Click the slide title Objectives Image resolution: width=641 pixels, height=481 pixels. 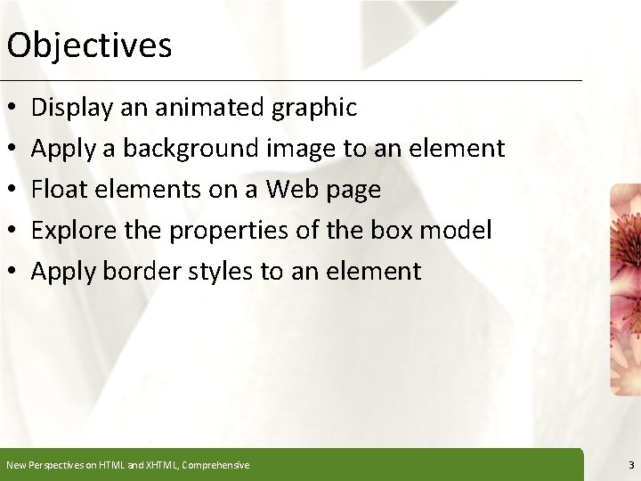(x=89, y=45)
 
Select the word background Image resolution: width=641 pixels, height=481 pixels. (x=191, y=149)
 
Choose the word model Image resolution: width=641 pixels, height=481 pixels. (x=458, y=230)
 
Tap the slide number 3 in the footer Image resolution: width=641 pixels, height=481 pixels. (x=630, y=465)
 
